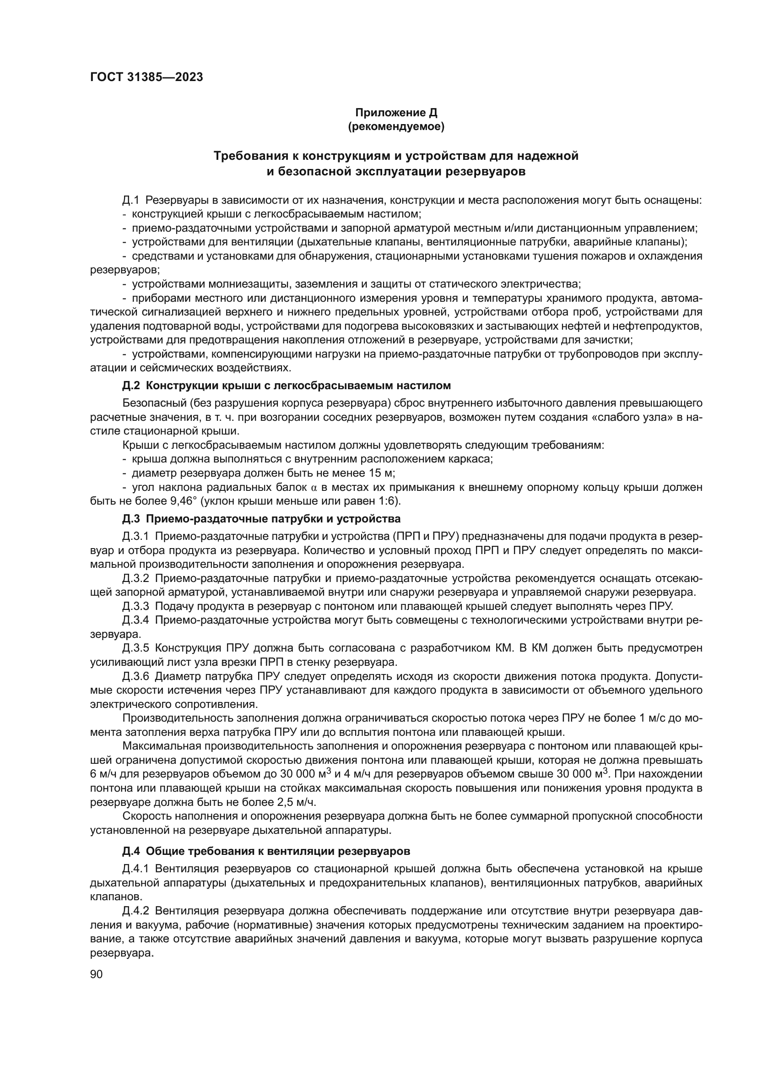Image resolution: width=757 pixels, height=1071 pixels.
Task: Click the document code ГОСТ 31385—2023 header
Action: pyautogui.click(x=146, y=77)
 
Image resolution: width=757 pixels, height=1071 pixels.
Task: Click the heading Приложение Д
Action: pyautogui.click(x=396, y=113)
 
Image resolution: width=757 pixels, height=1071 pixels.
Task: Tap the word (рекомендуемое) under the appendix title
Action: pyautogui.click(x=396, y=126)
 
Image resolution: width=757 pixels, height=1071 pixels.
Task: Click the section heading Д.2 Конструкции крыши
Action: pyautogui.click(x=286, y=386)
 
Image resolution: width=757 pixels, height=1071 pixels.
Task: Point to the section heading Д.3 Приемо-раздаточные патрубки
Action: pyautogui.click(x=261, y=519)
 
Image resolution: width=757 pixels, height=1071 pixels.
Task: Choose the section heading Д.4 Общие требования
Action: pyautogui.click(x=266, y=851)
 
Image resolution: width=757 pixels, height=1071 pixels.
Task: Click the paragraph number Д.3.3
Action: pyautogui.click(x=135, y=606)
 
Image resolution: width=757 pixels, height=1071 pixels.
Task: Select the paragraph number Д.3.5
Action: pyautogui.click(x=135, y=648)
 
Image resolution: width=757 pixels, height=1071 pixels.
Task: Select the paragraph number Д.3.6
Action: pyautogui.click(x=135, y=676)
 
